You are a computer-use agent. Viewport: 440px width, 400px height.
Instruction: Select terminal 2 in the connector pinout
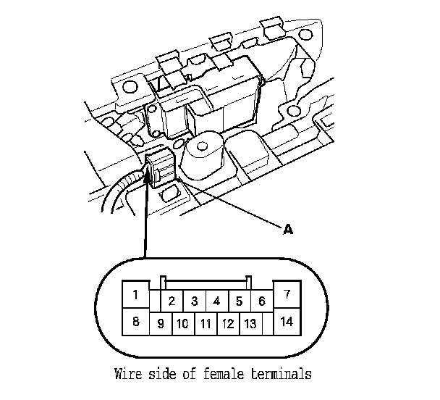point(172,301)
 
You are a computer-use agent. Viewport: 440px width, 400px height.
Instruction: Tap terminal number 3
point(195,301)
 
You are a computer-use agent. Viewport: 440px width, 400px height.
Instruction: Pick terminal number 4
point(216,301)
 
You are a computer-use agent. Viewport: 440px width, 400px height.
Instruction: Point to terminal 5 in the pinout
point(239,301)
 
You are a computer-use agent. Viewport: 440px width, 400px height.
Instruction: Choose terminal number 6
point(261,301)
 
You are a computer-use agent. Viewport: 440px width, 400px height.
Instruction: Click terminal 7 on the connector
point(287,294)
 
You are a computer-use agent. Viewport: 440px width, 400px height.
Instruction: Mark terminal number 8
point(135,321)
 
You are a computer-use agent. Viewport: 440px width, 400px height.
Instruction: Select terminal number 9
point(161,324)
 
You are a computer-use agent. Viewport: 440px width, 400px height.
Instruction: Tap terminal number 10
point(182,324)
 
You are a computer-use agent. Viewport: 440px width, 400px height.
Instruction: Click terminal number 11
point(206,324)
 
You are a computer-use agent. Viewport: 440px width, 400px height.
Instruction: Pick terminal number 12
point(227,324)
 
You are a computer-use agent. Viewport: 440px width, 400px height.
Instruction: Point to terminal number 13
point(250,324)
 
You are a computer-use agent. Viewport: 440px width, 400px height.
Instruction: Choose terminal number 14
point(287,321)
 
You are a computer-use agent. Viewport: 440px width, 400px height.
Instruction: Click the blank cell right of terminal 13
point(268,324)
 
